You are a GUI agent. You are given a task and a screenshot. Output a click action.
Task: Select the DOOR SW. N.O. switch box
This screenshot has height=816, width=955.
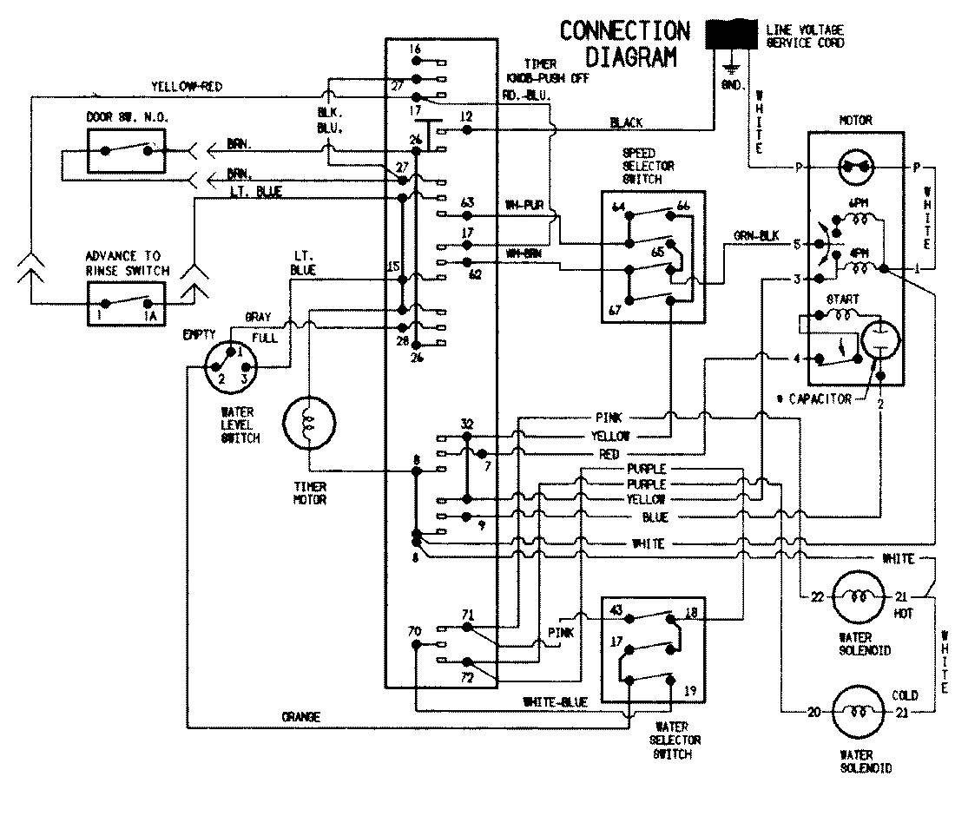point(127,149)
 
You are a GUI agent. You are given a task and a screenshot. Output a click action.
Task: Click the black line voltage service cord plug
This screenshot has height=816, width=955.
point(731,35)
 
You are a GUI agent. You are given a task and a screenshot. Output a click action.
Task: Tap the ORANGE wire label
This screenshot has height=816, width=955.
point(301,717)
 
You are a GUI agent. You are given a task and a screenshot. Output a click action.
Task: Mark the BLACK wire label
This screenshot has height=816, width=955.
point(626,123)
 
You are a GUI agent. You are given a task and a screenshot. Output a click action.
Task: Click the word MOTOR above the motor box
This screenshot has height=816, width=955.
point(855,120)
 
